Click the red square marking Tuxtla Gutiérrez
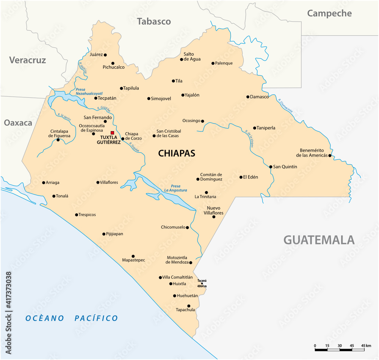[112, 133]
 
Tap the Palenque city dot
[213, 63]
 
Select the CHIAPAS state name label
[177, 153]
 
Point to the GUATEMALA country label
[319, 240]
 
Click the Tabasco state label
[154, 21]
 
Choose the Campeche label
[329, 13]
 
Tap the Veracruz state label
[28, 60]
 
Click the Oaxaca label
[18, 123]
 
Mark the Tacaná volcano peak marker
[202, 283]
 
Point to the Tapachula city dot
[189, 306]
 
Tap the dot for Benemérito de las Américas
[330, 155]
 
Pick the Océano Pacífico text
[72, 318]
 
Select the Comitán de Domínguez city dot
[198, 179]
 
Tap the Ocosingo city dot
[202, 121]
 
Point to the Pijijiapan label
[114, 234]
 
